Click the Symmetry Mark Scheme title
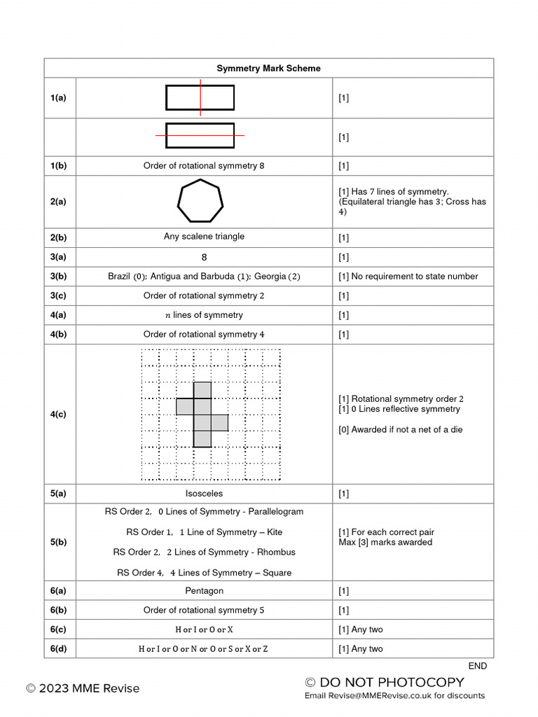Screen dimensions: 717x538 pos(268,68)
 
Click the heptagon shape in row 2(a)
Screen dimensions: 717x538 pos(200,202)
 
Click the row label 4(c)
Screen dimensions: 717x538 pos(58,414)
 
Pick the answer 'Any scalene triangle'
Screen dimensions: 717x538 pos(204,237)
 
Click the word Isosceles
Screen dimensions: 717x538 pos(204,494)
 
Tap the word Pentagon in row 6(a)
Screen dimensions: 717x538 pos(204,591)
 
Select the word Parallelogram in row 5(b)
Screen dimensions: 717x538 pos(272,512)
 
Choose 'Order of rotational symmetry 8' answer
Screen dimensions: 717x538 pos(204,166)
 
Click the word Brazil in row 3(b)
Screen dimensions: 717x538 pos(120,277)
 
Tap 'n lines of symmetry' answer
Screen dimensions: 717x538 pos(204,315)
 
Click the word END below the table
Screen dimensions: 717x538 pos(478,666)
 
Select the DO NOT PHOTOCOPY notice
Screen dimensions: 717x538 pos(385,682)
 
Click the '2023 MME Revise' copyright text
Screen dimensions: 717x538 pos(83,688)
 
